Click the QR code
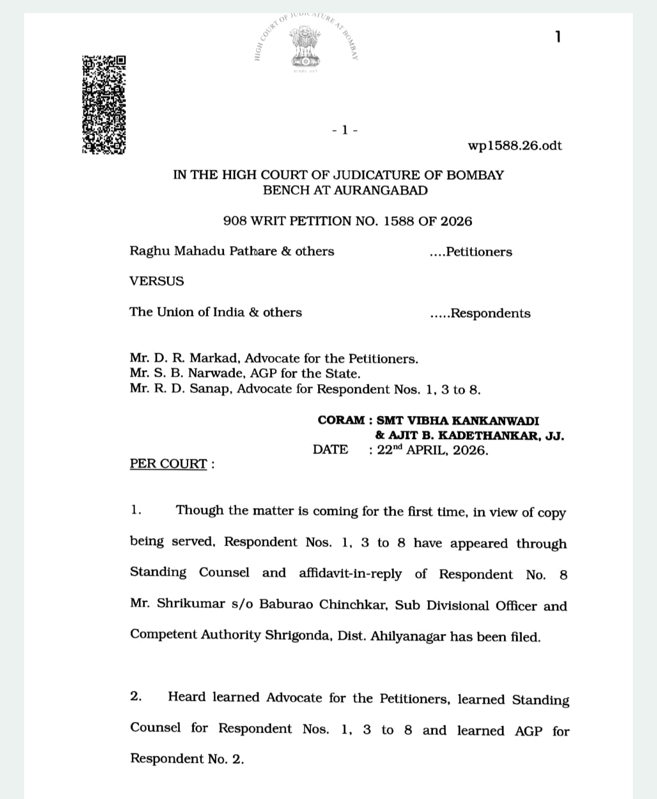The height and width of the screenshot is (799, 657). click(104, 105)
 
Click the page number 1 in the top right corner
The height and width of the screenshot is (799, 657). click(558, 37)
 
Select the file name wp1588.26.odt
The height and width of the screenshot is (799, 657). click(515, 146)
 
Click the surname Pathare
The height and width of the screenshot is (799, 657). click(253, 252)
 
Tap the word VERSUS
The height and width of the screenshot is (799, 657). click(157, 281)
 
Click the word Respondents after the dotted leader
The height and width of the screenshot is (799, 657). click(490, 314)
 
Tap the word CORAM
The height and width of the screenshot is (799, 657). click(341, 420)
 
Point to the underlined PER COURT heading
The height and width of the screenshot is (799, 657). click(168, 464)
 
